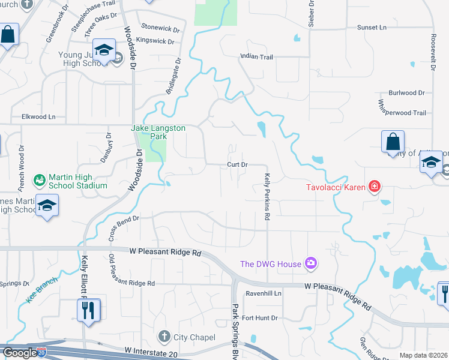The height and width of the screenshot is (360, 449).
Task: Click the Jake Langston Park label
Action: click(158, 132)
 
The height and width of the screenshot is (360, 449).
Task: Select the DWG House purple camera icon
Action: click(310, 263)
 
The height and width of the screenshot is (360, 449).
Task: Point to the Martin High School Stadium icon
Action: click(40, 179)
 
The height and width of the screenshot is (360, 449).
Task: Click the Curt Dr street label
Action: click(237, 164)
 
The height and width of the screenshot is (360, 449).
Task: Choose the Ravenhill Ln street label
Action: click(263, 293)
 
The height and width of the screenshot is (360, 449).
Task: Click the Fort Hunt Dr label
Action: click(261, 317)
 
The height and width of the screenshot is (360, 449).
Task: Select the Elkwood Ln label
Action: click(38, 116)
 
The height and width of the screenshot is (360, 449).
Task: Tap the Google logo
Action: click(20, 353)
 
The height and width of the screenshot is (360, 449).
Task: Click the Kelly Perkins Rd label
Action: click(267, 197)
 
